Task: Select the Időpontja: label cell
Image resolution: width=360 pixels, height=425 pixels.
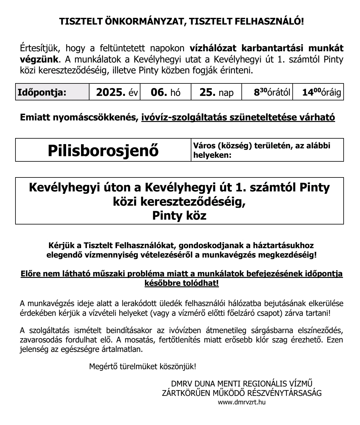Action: (x=42, y=92)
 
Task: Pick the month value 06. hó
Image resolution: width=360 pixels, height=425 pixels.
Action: (x=165, y=92)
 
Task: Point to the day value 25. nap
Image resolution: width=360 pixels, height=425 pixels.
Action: (x=216, y=92)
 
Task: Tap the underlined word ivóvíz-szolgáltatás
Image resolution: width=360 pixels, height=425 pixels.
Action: (x=188, y=117)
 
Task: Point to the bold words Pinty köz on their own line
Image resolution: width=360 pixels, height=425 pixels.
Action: (x=179, y=216)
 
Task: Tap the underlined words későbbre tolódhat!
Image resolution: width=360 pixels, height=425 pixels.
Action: (x=182, y=283)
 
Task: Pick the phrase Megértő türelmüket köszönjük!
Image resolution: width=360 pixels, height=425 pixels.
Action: (x=143, y=366)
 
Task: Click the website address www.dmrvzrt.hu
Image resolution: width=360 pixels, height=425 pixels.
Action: (x=242, y=403)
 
